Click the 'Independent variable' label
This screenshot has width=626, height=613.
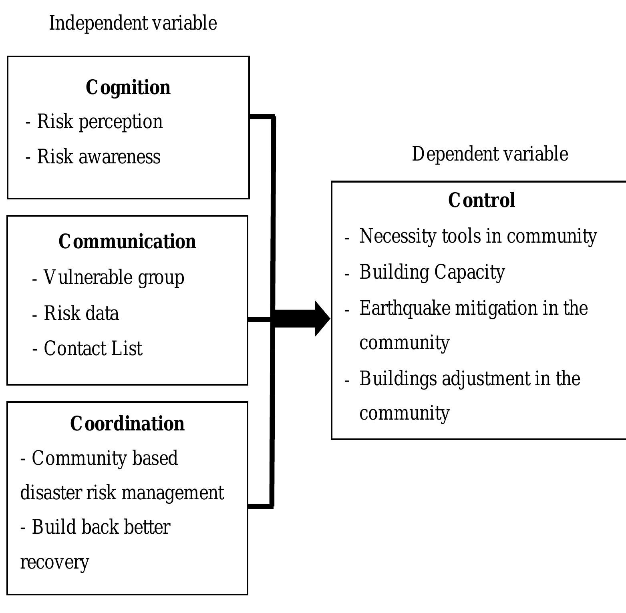point(133,23)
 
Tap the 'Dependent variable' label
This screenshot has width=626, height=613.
point(490,154)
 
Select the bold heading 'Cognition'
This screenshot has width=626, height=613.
point(128,88)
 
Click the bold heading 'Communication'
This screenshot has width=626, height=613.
point(127,242)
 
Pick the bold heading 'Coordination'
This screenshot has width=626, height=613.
point(127,424)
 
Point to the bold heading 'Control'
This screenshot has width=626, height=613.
point(481,200)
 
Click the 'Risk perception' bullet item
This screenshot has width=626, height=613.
point(100,122)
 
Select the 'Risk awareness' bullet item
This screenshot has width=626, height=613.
point(99,157)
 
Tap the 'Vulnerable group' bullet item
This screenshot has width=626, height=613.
point(114,277)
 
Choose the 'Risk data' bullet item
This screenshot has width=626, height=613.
point(81,313)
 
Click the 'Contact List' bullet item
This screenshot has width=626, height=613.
point(93,348)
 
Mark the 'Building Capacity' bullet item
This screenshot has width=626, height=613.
point(432,272)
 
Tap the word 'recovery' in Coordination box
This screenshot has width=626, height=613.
point(54,562)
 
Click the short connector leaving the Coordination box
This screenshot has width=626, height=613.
point(260,506)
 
